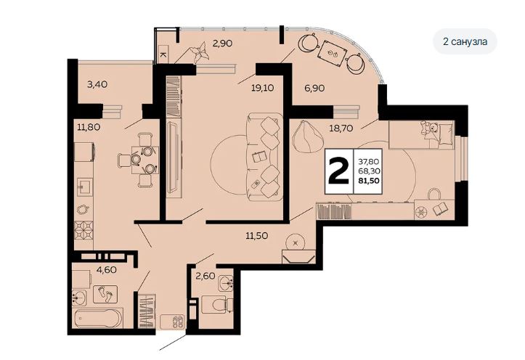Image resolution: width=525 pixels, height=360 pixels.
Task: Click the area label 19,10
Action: (x=263, y=88)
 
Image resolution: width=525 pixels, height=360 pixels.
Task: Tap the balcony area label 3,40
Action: (x=97, y=84)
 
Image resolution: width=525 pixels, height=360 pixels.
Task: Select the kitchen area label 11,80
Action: (x=89, y=127)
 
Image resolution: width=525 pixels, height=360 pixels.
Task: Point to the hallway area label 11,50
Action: (x=257, y=236)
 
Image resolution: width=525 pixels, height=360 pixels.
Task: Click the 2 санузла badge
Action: (x=465, y=41)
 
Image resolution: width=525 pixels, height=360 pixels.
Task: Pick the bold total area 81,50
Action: (x=368, y=181)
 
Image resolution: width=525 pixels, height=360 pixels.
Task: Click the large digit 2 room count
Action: (x=339, y=171)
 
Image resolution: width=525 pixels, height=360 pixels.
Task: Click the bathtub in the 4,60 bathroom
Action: (x=98, y=319)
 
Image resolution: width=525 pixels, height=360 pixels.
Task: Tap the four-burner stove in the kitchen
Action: (x=84, y=231)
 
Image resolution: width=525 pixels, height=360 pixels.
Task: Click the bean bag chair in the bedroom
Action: (x=306, y=137)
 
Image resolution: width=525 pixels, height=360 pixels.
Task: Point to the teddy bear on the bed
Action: (x=429, y=128)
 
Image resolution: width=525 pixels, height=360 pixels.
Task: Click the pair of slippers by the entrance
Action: (x=176, y=322)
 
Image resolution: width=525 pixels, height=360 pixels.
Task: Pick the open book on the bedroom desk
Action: (x=441, y=209)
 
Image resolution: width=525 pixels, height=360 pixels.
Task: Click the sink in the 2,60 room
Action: (x=226, y=283)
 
